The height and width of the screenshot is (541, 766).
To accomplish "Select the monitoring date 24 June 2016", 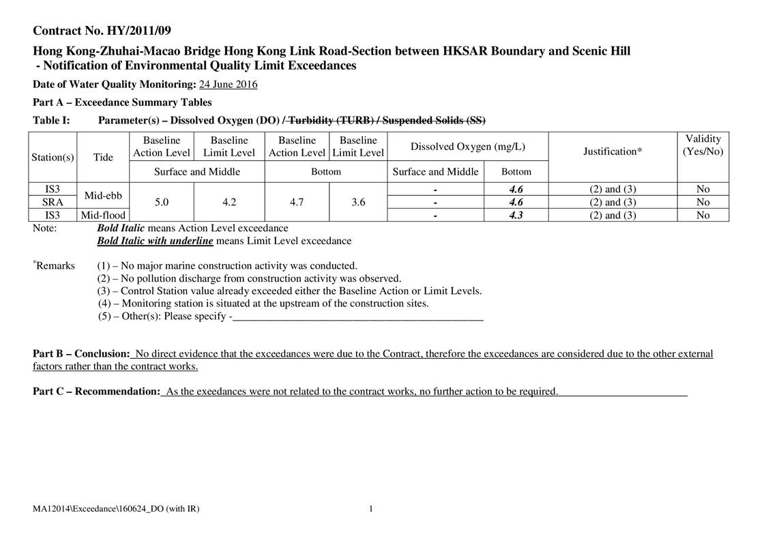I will [x=228, y=85].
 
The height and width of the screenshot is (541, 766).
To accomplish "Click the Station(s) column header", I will [x=53, y=158].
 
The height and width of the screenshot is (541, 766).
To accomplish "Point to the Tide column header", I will [x=103, y=158].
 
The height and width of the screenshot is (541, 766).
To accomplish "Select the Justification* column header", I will [x=612, y=151].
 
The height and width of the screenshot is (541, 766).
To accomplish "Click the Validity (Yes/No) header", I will [x=703, y=145].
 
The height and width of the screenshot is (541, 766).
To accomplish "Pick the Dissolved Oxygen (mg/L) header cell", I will [x=467, y=147].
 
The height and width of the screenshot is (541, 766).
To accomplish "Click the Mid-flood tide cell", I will [x=103, y=215].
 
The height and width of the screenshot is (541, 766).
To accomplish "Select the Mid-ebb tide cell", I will [x=103, y=196].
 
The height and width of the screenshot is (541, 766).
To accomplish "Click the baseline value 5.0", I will [x=162, y=202].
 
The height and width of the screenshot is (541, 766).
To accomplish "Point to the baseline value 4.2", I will [x=229, y=202].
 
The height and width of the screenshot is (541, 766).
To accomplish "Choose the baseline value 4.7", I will [x=297, y=202].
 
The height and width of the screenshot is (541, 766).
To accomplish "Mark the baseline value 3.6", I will [x=357, y=202].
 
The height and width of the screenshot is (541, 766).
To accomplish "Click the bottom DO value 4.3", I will [x=516, y=215].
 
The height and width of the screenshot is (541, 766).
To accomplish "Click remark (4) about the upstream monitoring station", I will [x=263, y=304].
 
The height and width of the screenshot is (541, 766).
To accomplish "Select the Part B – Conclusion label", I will [x=81, y=354].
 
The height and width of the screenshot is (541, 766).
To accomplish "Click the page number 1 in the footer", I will [x=370, y=509].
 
